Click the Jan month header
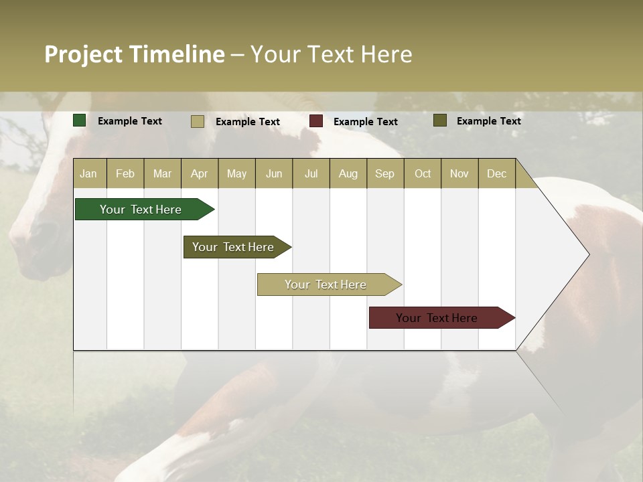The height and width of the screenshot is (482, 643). (88, 173)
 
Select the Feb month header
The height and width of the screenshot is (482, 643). (125, 173)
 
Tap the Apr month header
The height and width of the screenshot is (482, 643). (199, 173)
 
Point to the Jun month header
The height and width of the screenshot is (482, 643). (274, 173)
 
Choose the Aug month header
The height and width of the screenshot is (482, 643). (348, 173)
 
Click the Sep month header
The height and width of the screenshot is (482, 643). (384, 173)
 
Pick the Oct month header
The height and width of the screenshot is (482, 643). (423, 173)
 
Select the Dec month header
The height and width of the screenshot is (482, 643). (496, 173)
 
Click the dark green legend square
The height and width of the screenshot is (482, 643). (80, 120)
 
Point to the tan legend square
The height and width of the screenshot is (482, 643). (198, 121)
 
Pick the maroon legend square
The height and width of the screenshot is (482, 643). (316, 121)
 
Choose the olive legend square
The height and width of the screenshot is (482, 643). (440, 120)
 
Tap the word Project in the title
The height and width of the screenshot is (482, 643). (83, 54)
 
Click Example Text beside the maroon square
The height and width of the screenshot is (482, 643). (366, 122)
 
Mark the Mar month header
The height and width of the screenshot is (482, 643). (162, 173)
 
